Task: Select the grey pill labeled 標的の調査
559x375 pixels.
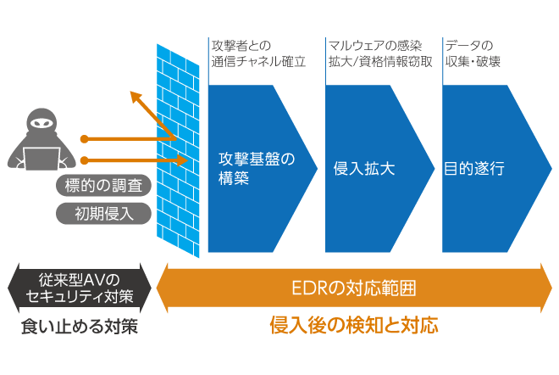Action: click(x=103, y=184)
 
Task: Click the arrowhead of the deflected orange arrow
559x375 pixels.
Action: click(x=133, y=95)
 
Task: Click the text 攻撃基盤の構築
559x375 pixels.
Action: click(x=255, y=167)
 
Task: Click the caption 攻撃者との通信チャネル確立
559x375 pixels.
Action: click(x=253, y=53)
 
